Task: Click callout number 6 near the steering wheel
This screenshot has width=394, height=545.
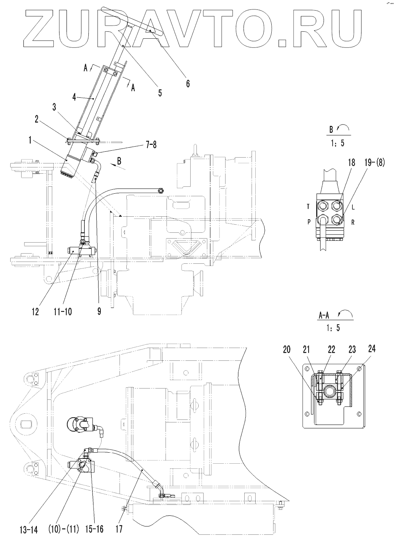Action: (x=188, y=84)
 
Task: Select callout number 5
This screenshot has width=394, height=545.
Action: (x=160, y=92)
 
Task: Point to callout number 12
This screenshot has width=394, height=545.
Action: (x=35, y=313)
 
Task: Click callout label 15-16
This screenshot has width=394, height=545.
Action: (x=95, y=529)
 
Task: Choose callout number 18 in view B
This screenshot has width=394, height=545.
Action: (x=351, y=163)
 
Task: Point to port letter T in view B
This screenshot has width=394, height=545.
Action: (x=308, y=207)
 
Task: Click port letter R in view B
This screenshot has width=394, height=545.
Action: (x=353, y=221)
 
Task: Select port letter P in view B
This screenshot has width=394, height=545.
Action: (x=308, y=221)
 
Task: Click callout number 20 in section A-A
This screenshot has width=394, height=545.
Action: (x=287, y=349)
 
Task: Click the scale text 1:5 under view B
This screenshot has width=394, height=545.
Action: (x=337, y=143)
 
